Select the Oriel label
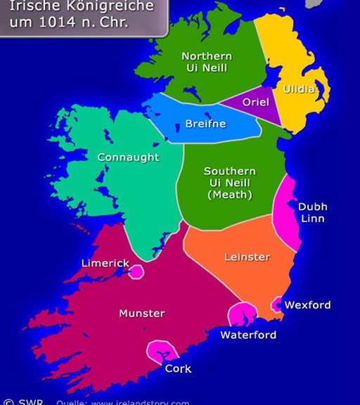point(255,102)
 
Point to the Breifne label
point(205,124)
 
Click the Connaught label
point(128,157)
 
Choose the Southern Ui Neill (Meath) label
point(229,183)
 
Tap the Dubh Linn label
point(312,213)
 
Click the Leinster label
point(247,257)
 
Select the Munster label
point(142,313)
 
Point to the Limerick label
point(105,263)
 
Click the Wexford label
point(307,305)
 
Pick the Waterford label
point(248,335)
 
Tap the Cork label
point(177,368)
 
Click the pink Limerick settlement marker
point(136,271)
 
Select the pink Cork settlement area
point(161,349)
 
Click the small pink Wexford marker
point(276,304)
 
